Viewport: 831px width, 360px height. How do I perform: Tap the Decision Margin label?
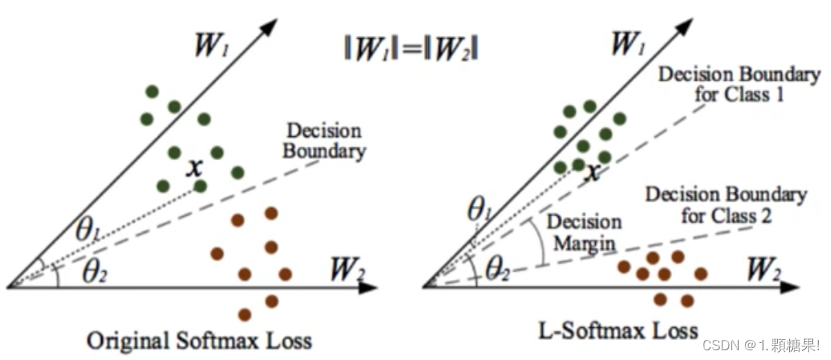click(584, 232)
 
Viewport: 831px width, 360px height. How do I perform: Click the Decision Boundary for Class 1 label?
click(738, 85)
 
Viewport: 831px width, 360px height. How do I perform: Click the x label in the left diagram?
click(195, 168)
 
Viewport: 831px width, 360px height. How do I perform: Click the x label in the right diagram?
click(593, 172)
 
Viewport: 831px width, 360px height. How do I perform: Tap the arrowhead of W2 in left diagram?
click(370, 287)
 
